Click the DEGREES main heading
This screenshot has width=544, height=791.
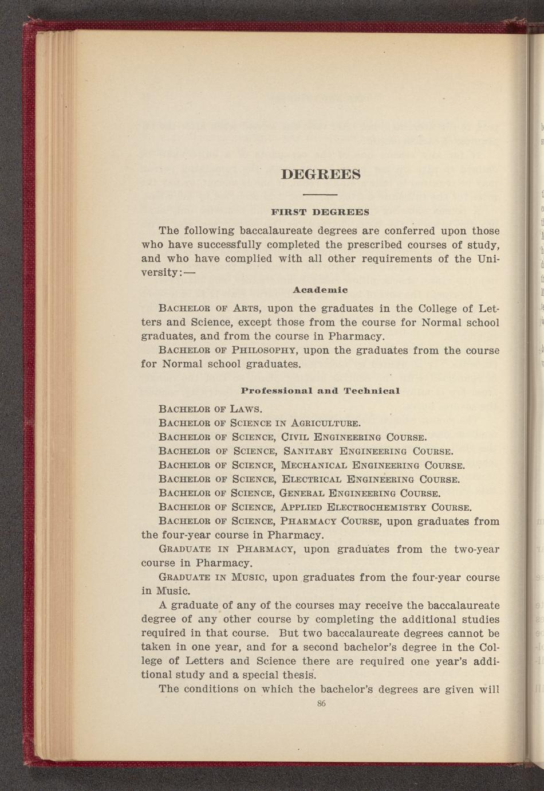tap(321, 174)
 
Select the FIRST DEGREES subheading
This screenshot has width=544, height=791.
tap(321, 212)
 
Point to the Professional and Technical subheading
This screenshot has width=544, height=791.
tap(320, 390)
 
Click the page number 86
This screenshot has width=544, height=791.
tap(321, 703)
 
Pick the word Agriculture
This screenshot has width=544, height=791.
tap(325, 424)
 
